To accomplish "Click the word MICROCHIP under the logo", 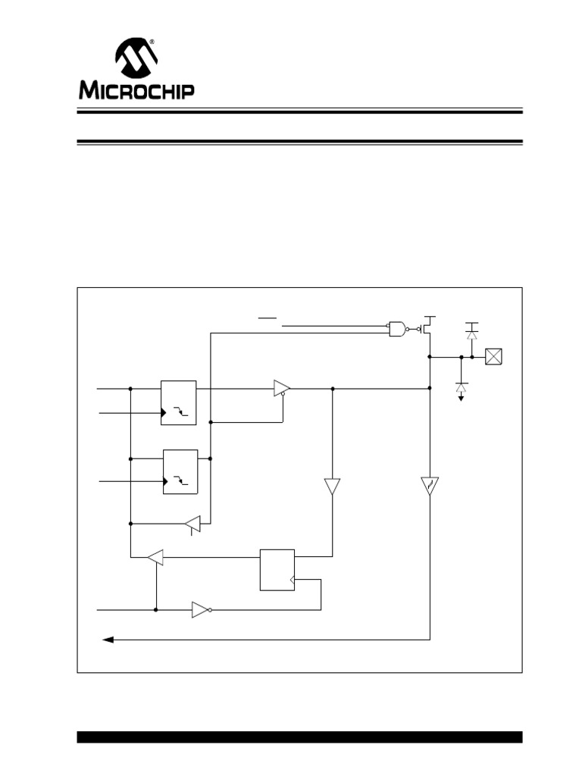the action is (x=136, y=91).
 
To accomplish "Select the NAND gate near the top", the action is (x=396, y=328).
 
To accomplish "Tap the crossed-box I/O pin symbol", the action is (x=494, y=356).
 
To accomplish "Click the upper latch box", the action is (x=178, y=402).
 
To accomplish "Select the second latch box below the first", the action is (x=180, y=471).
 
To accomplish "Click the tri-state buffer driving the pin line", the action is (x=282, y=388).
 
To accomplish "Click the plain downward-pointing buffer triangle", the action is (x=332, y=486).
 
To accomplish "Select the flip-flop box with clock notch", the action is (x=277, y=569).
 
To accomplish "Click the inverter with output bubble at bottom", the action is (x=201, y=609).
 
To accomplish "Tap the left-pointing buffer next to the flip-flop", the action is (x=155, y=558).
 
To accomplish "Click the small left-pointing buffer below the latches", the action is (x=192, y=523).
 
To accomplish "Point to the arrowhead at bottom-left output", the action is (x=108, y=640).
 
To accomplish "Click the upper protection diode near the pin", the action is (x=472, y=332).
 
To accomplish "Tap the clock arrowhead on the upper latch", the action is (x=163, y=413).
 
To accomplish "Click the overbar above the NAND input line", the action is (x=268, y=318).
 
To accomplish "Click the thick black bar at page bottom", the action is (x=299, y=737).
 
